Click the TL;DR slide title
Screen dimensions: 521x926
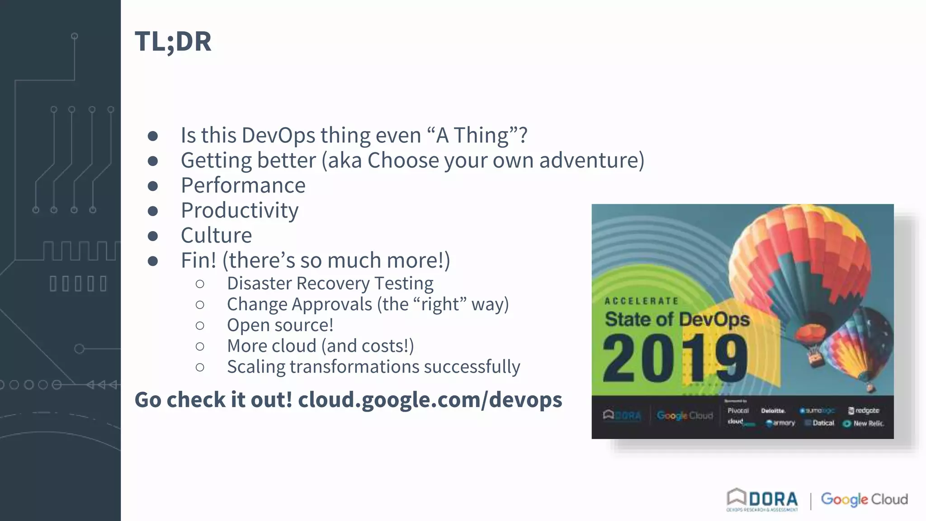173,42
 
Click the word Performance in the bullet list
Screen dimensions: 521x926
243,185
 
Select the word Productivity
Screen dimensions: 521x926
239,210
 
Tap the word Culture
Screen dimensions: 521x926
216,235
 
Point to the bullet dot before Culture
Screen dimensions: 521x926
153,236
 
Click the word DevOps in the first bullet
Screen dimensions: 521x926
279,135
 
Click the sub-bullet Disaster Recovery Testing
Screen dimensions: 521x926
330,284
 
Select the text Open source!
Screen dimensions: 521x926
280,325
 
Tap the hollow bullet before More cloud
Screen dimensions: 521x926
200,347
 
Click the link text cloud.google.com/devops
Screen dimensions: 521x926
430,400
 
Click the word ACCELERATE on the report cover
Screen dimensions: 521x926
642,301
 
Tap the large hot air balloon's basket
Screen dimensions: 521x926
815,354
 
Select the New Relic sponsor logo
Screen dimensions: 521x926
863,424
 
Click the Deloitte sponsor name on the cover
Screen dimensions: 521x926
773,411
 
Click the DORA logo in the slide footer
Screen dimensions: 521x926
763,500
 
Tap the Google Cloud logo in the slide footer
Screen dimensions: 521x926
864,499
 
